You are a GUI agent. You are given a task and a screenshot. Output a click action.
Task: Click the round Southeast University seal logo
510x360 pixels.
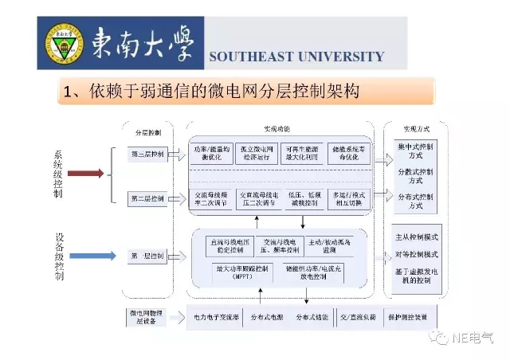coord(63,45)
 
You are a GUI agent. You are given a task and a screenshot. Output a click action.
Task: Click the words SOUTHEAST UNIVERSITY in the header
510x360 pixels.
coord(296,57)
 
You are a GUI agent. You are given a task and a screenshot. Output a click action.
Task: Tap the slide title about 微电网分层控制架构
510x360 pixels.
coord(210,91)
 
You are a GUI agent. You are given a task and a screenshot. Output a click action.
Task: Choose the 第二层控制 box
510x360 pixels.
coord(147,198)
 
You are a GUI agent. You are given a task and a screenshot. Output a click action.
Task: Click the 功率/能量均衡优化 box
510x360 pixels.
coord(210,153)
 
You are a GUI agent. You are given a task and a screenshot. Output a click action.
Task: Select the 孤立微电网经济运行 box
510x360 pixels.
coord(257,153)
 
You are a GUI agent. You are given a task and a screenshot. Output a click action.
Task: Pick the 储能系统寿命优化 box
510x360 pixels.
coord(348,153)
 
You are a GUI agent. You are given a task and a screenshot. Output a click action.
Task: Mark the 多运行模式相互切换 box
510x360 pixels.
coord(348,198)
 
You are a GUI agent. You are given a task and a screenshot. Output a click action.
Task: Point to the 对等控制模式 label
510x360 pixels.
coord(416,255)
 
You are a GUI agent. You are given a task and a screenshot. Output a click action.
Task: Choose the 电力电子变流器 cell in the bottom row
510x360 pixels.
coord(214,317)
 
